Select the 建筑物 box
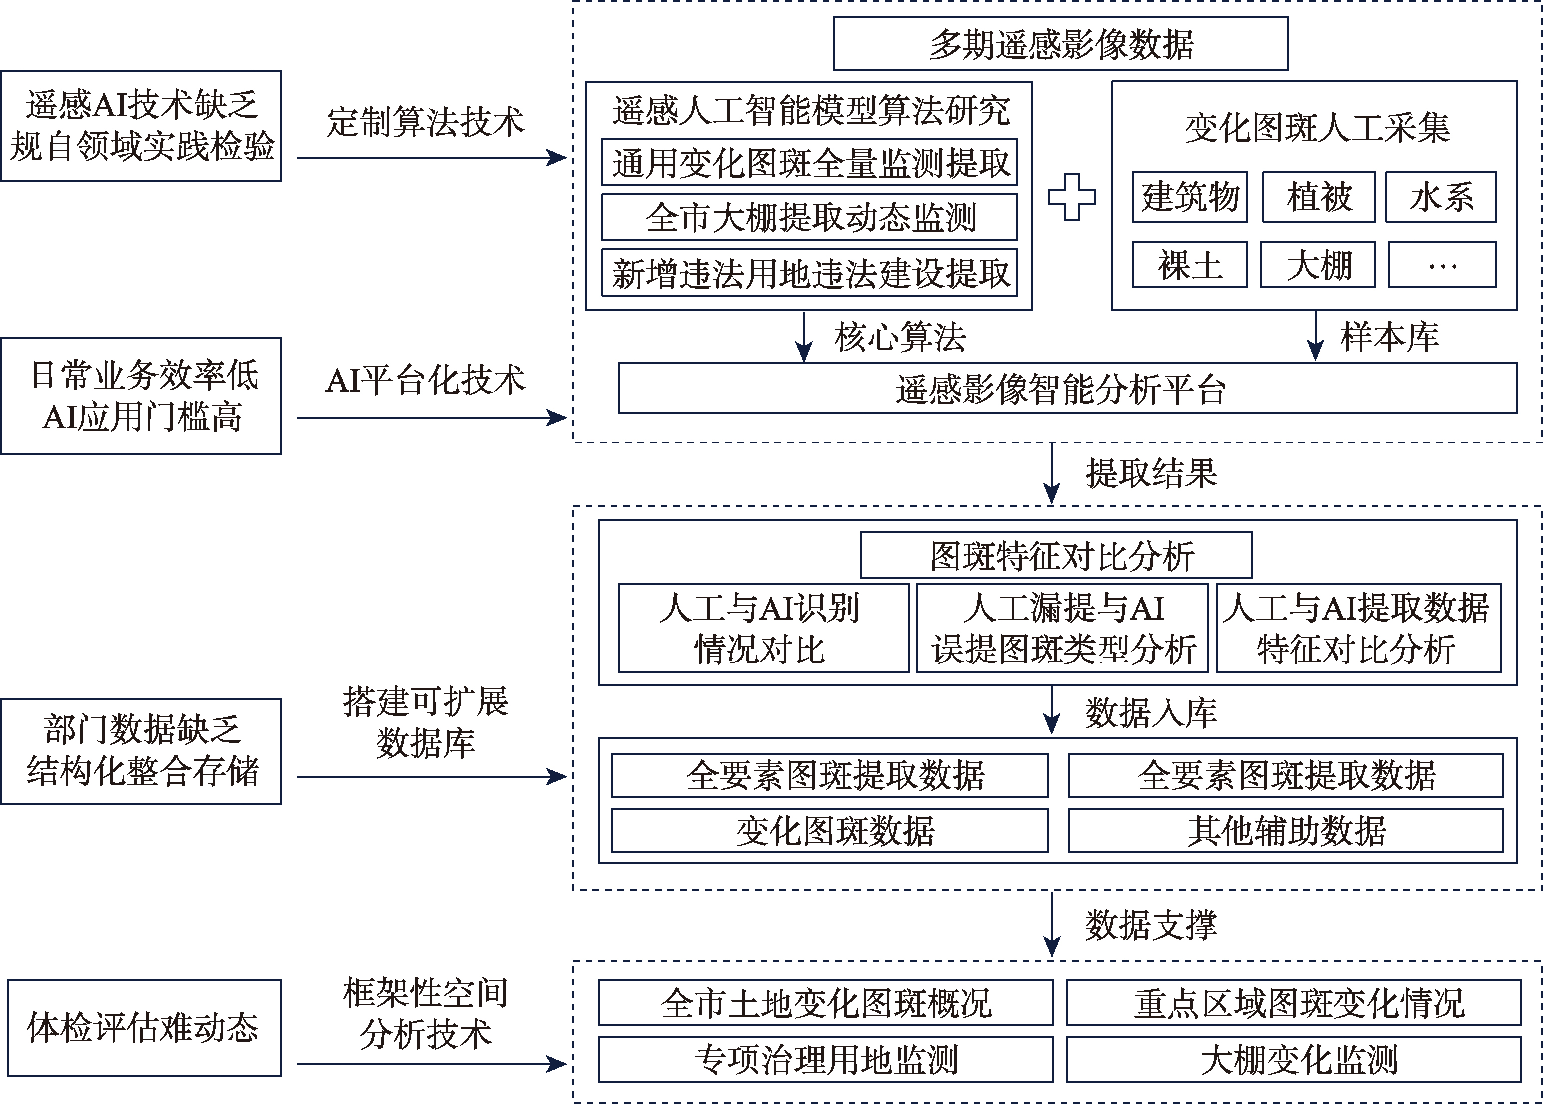(x=1189, y=197)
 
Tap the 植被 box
(x=1318, y=197)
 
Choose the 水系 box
(x=1441, y=197)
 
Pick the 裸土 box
(x=1189, y=265)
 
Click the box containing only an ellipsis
(x=1442, y=265)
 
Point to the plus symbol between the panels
(x=1072, y=197)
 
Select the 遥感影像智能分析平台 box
(x=1067, y=388)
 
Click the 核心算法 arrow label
(x=900, y=337)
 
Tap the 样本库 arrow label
(x=1389, y=337)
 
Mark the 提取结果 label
(x=1151, y=473)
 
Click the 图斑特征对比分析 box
(x=1056, y=555)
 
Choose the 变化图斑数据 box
(x=830, y=831)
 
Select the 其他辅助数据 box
(x=1286, y=831)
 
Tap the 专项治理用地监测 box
(x=825, y=1059)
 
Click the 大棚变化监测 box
(x=1293, y=1059)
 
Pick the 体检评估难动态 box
(x=144, y=1028)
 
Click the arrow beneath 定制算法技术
(x=432, y=158)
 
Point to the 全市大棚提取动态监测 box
(x=809, y=218)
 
